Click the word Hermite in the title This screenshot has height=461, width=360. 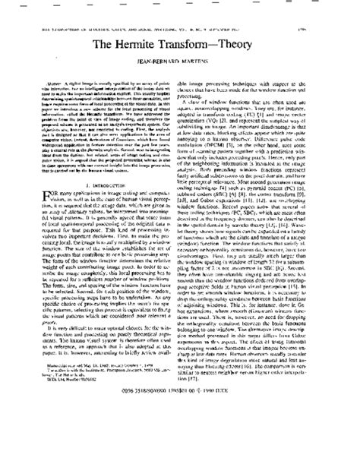(x=152, y=47)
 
